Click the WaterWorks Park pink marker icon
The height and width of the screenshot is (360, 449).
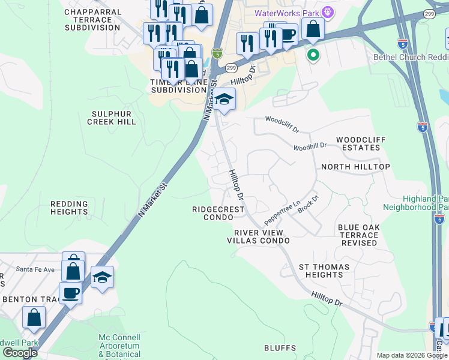click(x=327, y=12)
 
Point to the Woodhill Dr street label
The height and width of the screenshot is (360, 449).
click(x=310, y=146)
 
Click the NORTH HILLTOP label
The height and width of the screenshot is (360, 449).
click(x=355, y=167)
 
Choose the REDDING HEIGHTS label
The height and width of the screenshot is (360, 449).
click(x=69, y=208)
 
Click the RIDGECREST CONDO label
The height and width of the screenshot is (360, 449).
click(x=218, y=214)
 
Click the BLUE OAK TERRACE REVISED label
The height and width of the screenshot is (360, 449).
click(x=358, y=235)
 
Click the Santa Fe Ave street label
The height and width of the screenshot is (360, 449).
click(x=35, y=269)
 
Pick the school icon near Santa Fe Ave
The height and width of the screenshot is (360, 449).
click(x=103, y=277)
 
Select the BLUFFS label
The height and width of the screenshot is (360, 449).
click(x=280, y=348)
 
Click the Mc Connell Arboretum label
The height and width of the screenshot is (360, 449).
click(x=119, y=342)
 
